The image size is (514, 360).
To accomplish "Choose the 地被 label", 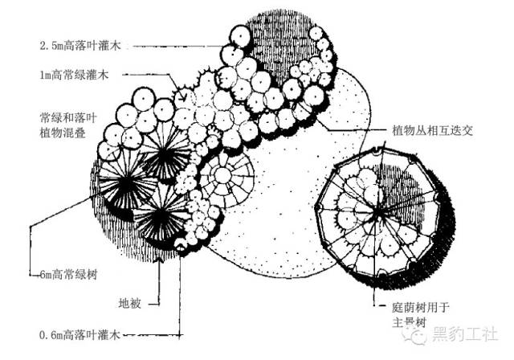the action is point(129,303).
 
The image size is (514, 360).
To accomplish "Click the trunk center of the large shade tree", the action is point(378,215).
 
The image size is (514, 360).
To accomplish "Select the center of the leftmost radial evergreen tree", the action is point(126,190).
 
